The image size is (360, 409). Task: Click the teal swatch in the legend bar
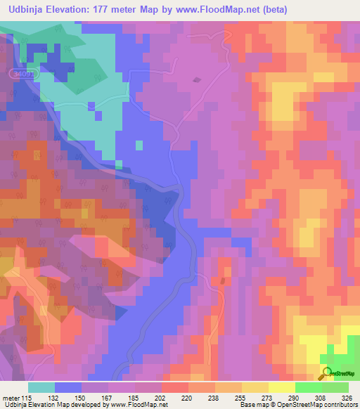click(x=41, y=387)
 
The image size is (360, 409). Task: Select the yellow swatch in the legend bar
click(x=281, y=387)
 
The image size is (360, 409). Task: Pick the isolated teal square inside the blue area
click(x=139, y=145)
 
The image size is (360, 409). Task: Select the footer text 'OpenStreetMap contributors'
click(x=319, y=405)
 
